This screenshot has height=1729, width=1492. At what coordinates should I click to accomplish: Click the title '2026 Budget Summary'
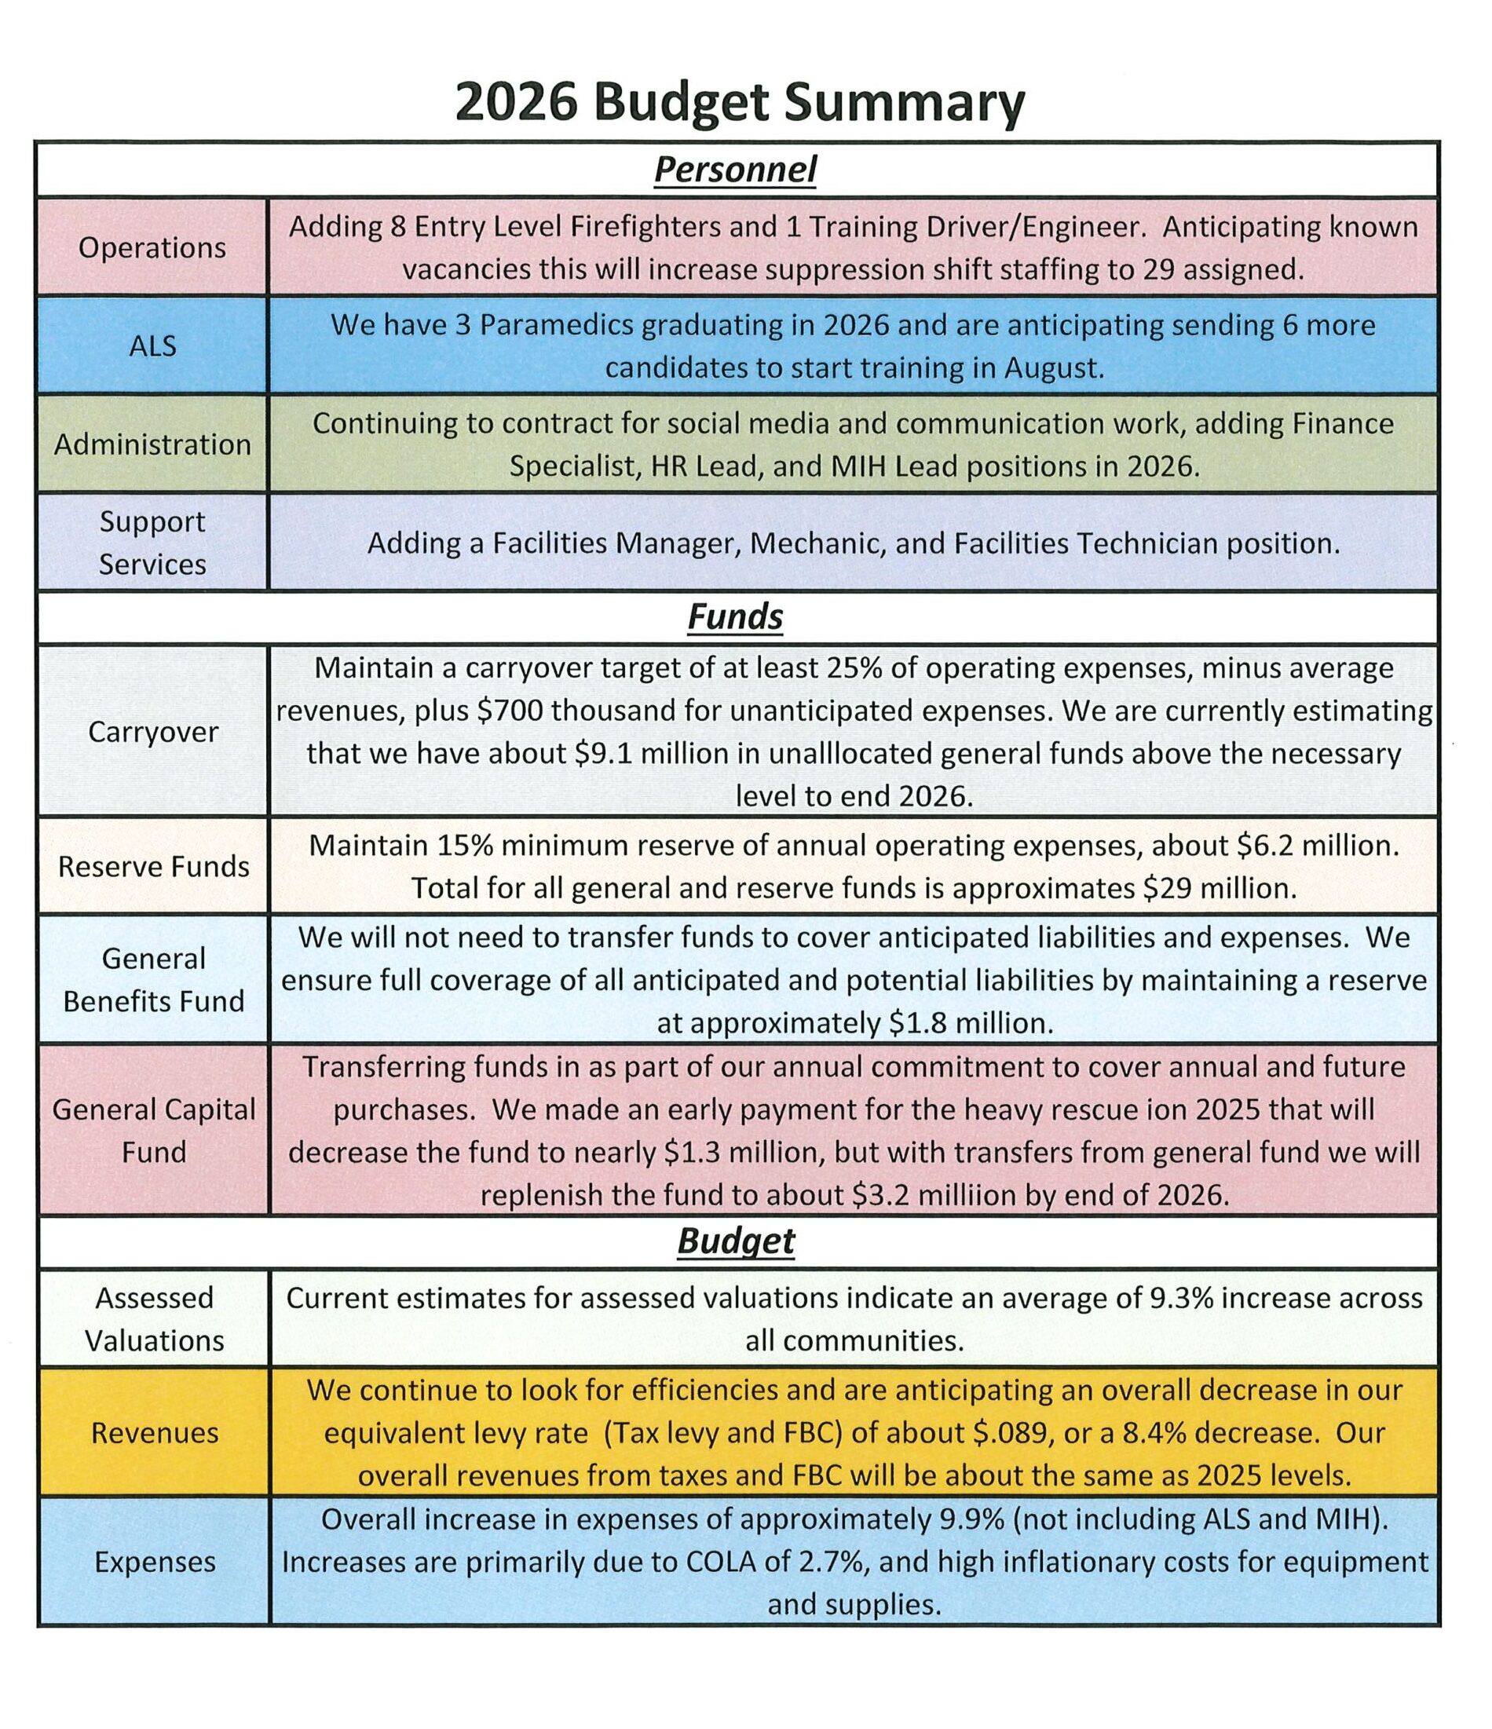coord(739,103)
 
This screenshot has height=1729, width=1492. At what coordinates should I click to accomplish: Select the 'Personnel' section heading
coord(735,170)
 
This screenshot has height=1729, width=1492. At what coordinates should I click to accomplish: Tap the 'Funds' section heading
coord(735,617)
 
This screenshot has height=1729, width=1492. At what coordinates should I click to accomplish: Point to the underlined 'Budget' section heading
coord(735,1241)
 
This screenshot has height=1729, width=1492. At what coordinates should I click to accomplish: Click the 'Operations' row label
coord(152,248)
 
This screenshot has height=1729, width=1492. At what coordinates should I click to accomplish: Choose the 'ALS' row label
coord(152,346)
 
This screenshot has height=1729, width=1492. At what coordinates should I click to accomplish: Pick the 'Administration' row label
coord(152,444)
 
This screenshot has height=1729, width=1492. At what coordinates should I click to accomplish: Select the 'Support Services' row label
coord(152,543)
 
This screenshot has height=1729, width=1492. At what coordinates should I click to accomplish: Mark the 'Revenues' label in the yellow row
coord(155,1433)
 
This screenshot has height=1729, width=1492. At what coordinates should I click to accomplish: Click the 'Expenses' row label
coord(155,1561)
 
